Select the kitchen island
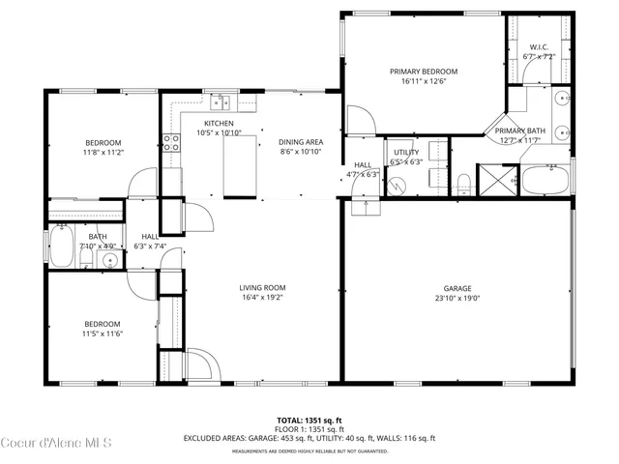tap(238, 164)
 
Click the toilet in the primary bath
tap(464, 180)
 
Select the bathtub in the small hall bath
tap(61, 246)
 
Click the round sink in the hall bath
tap(108, 261)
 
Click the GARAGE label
tap(457, 288)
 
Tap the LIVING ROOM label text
tap(262, 287)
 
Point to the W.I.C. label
tap(540, 47)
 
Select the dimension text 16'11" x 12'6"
tap(424, 82)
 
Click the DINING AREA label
tap(301, 141)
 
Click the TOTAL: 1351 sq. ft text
tap(309, 420)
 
